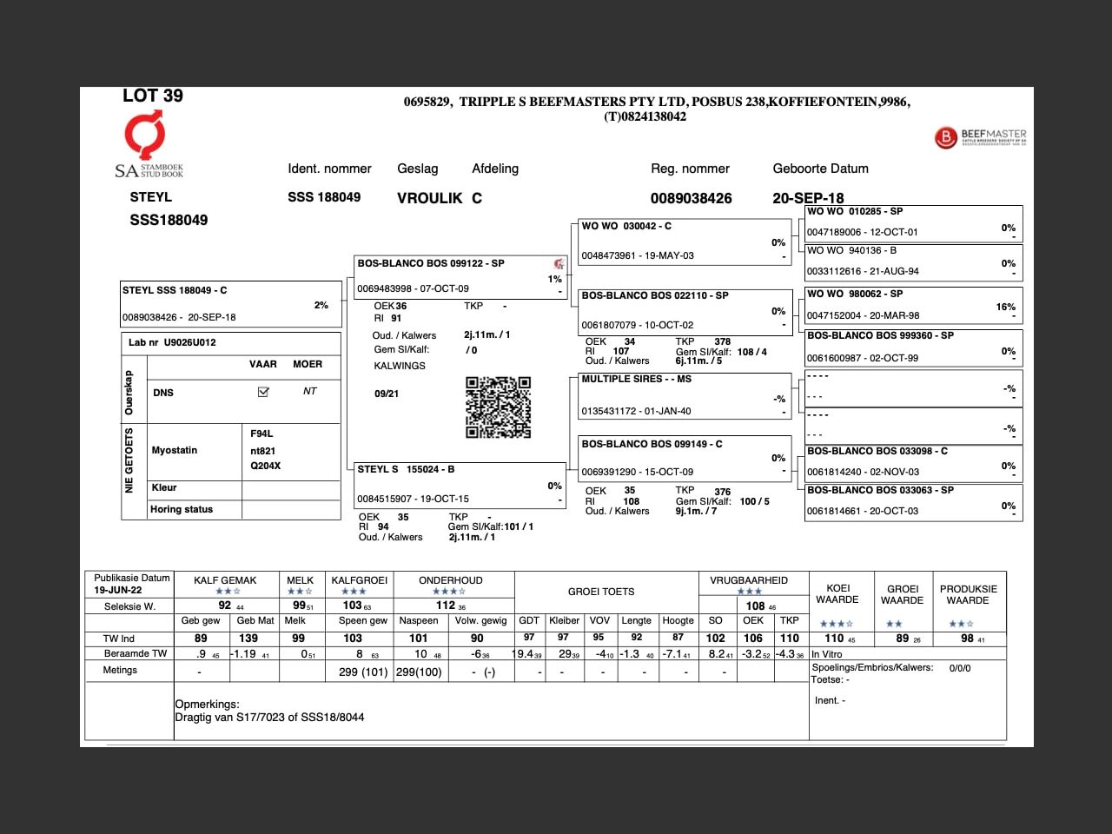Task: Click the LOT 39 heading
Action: pyautogui.click(x=153, y=96)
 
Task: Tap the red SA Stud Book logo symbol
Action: pyautogui.click(x=144, y=136)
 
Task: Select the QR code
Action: pyautogui.click(x=498, y=407)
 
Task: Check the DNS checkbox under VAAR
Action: pyautogui.click(x=263, y=392)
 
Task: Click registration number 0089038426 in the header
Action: pyautogui.click(x=691, y=198)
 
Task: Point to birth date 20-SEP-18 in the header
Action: pyautogui.click(x=808, y=198)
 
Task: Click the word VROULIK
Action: pyautogui.click(x=429, y=198)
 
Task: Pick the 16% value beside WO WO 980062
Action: pyautogui.click(x=1005, y=307)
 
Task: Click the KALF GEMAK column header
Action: pyautogui.click(x=225, y=580)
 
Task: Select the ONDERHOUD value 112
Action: pyautogui.click(x=446, y=606)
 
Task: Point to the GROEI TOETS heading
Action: pyautogui.click(x=601, y=592)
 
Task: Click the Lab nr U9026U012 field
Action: pyautogui.click(x=172, y=342)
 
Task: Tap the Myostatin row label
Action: pyautogui.click(x=175, y=450)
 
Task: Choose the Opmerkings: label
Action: pyautogui.click(x=207, y=705)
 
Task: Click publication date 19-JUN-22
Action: pyautogui.click(x=118, y=590)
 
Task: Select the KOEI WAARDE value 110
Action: pyautogui.click(x=834, y=639)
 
